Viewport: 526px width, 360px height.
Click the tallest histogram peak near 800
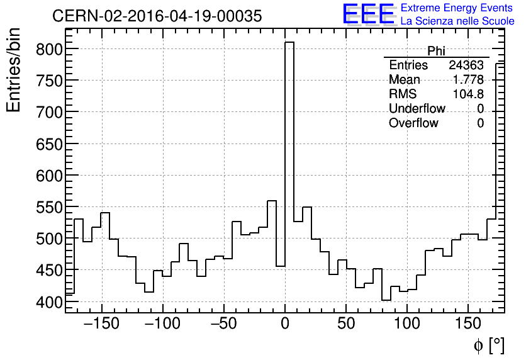coord(289,43)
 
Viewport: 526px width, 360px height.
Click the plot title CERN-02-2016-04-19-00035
coord(157,16)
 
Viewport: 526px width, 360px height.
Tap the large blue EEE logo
coord(368,14)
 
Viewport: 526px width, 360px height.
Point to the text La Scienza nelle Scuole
coord(457,21)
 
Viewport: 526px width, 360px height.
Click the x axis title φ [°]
coord(488,346)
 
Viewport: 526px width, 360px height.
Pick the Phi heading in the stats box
coord(436,51)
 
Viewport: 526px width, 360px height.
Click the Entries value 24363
coord(466,65)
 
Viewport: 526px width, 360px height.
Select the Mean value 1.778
coord(468,80)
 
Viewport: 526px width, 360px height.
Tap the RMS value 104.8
coord(468,94)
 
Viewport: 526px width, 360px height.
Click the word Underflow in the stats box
coord(417,109)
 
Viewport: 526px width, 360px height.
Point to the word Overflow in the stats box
coord(413,123)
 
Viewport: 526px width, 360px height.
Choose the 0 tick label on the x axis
coord(285,325)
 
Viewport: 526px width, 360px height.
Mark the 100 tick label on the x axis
coord(407,325)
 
